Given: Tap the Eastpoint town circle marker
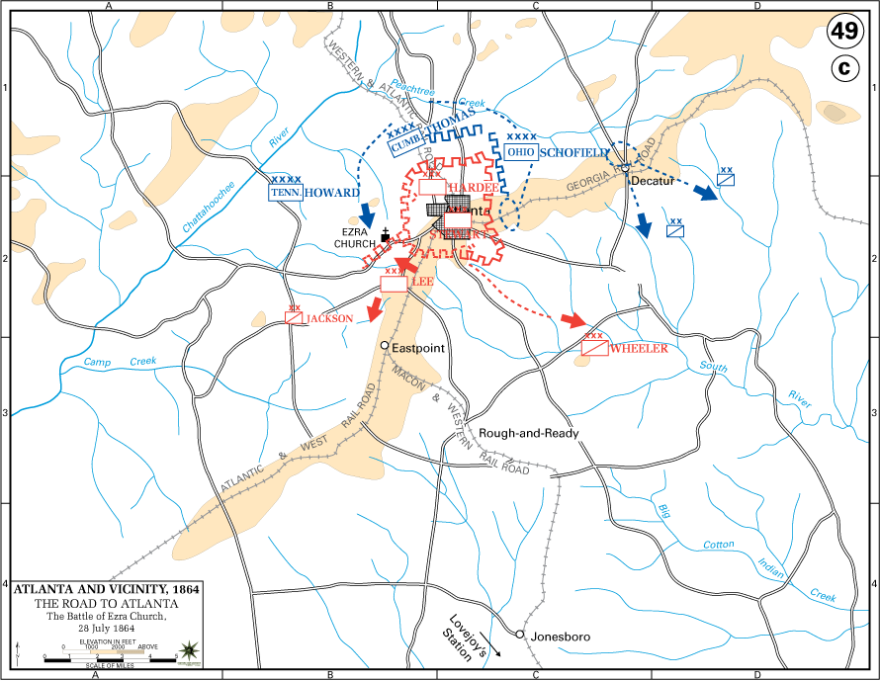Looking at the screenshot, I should (x=386, y=345).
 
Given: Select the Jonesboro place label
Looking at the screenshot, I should (x=561, y=637).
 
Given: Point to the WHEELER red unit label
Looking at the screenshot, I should (x=639, y=349).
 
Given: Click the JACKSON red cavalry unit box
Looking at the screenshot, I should (x=295, y=318).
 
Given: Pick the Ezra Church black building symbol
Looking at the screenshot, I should (x=385, y=238).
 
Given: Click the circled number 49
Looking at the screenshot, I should (x=843, y=29).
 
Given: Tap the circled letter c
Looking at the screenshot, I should (x=843, y=69).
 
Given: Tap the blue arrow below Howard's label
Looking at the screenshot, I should (x=367, y=213).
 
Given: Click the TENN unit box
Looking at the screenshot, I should (x=285, y=193).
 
